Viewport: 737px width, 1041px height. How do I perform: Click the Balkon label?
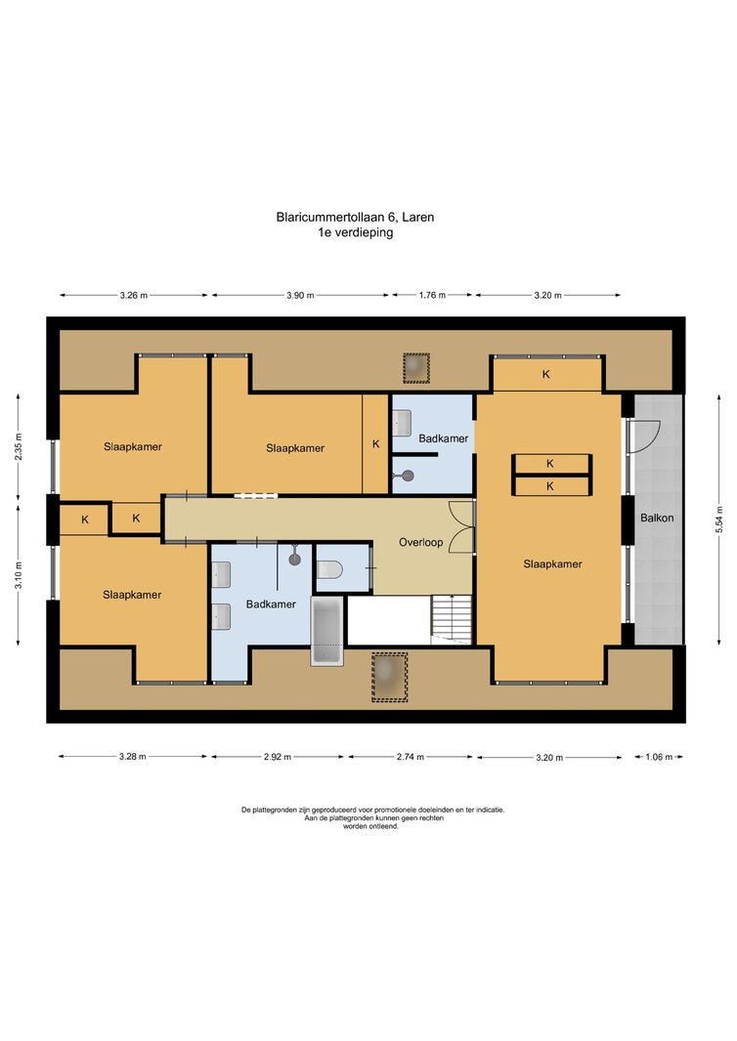(657, 518)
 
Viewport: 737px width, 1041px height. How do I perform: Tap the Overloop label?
(420, 542)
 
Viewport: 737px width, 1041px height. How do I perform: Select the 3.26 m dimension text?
(134, 296)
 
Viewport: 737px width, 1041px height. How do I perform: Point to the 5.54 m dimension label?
(719, 520)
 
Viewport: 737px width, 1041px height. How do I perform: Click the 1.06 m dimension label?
(659, 757)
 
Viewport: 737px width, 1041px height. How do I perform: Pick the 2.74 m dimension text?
(410, 757)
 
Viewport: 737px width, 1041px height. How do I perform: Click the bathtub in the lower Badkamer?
(327, 630)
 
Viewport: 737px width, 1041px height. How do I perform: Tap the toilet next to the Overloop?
(329, 569)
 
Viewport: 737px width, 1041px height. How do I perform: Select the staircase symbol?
(452, 619)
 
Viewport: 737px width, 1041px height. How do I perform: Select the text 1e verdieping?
(356, 232)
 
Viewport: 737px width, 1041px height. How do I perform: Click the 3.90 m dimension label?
(300, 296)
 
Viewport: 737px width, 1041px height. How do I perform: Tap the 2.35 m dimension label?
(19, 447)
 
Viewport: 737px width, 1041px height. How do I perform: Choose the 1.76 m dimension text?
(432, 295)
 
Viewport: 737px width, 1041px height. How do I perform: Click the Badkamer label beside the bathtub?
(271, 604)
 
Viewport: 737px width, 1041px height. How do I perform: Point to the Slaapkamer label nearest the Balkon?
(552, 564)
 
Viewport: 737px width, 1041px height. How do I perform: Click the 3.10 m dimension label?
(19, 575)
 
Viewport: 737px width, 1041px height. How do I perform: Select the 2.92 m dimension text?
(278, 757)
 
